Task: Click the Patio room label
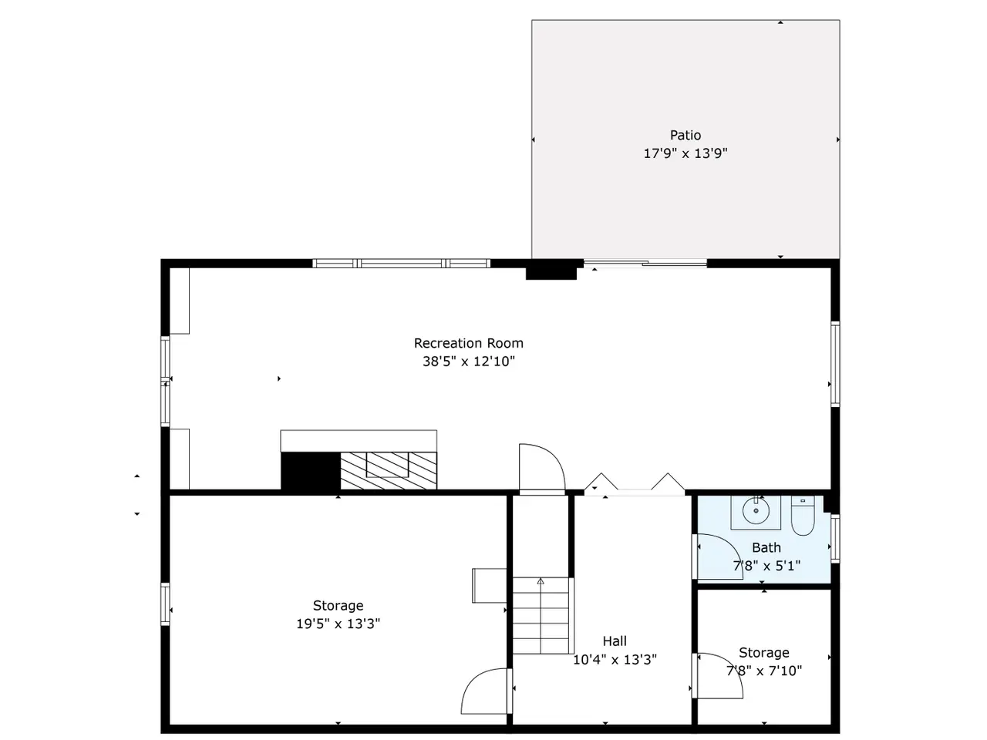(685, 135)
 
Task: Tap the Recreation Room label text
(468, 343)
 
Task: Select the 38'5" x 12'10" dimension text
(468, 362)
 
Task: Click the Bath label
(766, 547)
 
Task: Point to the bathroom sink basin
(756, 511)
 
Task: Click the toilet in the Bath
(802, 516)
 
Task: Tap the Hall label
(615, 641)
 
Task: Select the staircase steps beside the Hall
(541, 615)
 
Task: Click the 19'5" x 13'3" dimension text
(338, 624)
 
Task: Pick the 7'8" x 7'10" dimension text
(763, 671)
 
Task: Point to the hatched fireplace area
(388, 470)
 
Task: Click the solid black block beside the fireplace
(310, 471)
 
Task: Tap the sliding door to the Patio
(645, 264)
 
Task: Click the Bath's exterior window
(834, 538)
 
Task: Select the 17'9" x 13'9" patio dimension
(685, 153)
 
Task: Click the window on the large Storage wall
(165, 604)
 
